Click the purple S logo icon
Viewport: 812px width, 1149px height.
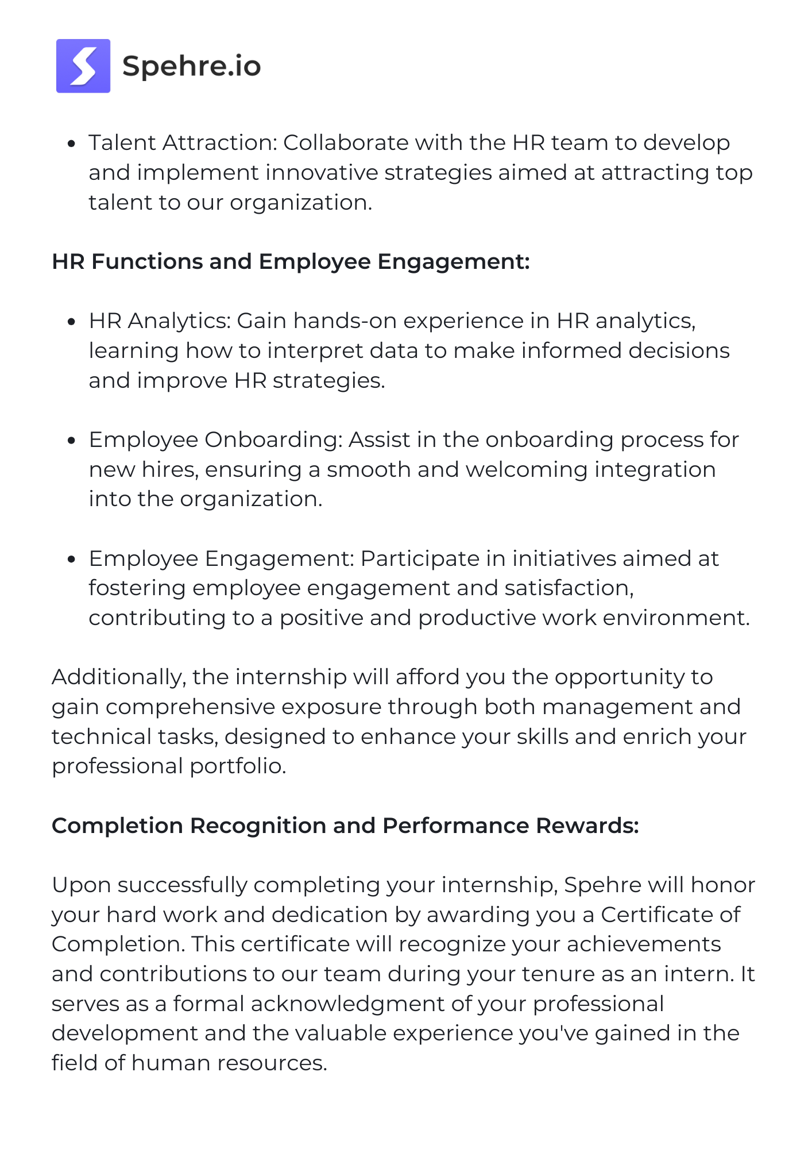coord(83,66)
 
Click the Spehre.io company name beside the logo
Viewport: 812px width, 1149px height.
coord(192,66)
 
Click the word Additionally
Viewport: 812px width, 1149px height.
coord(118,677)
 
